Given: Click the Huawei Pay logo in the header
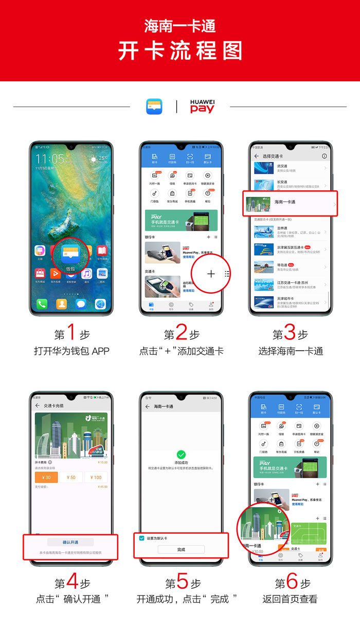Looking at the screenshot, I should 202,106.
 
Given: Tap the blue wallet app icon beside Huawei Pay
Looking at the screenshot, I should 154,106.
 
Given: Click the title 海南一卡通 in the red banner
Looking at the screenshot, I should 179,26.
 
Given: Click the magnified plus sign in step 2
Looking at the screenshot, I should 211,274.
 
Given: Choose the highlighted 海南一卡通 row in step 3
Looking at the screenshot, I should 290,203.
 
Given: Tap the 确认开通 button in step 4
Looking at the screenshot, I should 70,542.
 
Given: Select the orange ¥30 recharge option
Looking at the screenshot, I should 46,478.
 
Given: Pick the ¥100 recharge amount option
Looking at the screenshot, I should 96,478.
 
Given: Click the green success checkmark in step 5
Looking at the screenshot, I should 181,455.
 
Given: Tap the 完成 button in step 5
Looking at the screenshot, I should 181,550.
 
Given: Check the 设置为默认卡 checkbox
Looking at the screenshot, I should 142,538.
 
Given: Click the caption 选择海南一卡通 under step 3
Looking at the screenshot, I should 291,351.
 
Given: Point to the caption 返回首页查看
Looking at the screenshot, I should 291,599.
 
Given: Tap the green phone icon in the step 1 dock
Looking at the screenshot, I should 42,304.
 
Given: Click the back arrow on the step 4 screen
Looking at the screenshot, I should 38,406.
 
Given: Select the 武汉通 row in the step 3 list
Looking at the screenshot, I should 290,168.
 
